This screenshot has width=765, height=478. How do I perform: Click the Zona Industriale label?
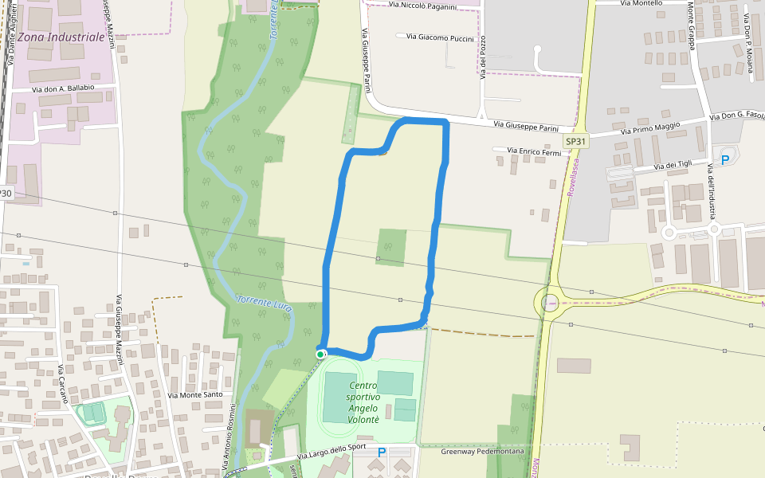point(53,37)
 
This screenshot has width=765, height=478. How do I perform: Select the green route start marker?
point(320,354)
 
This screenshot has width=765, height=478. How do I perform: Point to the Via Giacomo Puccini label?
point(440,37)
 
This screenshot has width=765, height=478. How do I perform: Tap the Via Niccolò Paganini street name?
point(422,6)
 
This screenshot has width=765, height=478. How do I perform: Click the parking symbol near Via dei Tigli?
point(725,159)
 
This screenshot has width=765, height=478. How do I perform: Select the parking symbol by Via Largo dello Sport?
point(382,453)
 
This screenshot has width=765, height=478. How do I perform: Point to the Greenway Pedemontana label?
point(483,452)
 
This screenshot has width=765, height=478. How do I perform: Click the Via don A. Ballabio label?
point(63,88)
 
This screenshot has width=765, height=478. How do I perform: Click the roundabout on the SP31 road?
point(550,302)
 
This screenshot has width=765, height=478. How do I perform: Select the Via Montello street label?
point(641,3)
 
